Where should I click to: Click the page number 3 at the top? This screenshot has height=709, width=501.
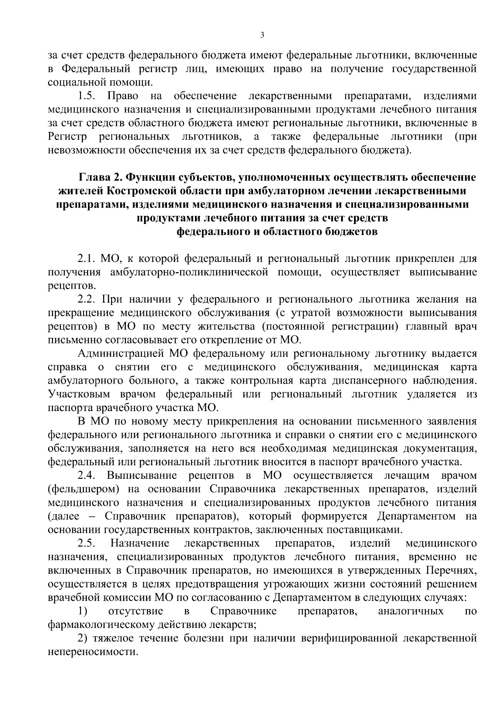[262, 36]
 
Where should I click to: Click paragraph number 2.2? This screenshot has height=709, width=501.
[87, 299]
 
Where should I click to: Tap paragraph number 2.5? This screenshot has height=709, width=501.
[87, 543]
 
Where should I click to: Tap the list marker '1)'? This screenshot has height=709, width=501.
[83, 611]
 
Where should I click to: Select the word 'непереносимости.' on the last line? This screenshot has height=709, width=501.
[93, 652]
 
